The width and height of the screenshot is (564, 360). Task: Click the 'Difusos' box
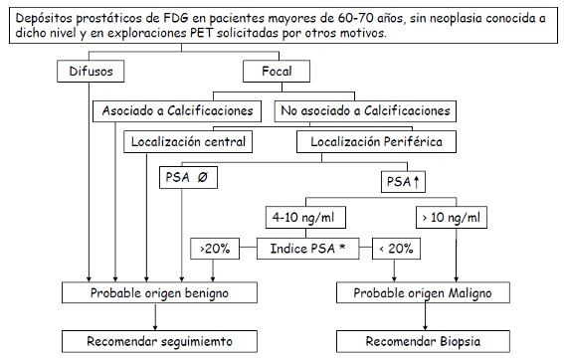[x=92, y=72]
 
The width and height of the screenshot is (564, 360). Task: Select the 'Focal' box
[x=276, y=72]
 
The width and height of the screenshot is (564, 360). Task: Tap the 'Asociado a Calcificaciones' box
[x=177, y=110]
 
